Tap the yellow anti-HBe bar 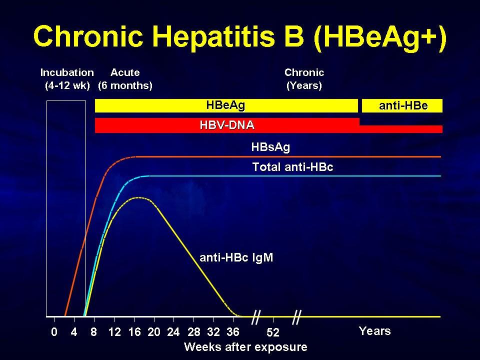pos(402,105)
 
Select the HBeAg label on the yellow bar pos(225,105)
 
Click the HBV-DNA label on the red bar pos(227,125)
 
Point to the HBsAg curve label pos(270,147)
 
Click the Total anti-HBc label pos(292,167)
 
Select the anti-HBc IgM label pos(236,257)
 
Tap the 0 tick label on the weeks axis pos(54,332)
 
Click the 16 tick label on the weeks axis pos(134,332)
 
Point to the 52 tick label pos(273,332)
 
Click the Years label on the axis pos(374,331)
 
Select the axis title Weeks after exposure pos(245,347)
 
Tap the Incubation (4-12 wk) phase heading pos(67,79)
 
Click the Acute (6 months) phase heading pos(125,79)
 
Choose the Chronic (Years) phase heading pos(304,79)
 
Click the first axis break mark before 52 pos(255,317)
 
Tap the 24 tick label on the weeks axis pos(173,332)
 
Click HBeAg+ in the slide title pos(380,36)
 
